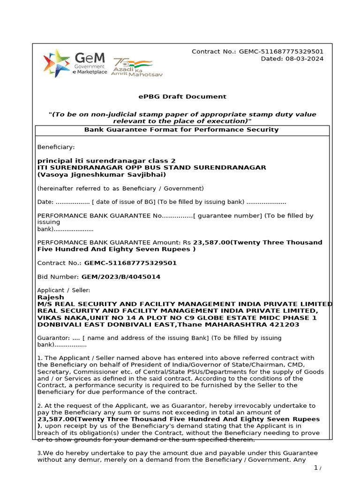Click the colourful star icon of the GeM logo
point(56,63)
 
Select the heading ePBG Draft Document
point(182,97)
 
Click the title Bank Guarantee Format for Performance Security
point(181,129)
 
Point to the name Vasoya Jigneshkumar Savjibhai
point(102,174)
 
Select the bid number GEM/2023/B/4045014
point(121,277)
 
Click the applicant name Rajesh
point(51,297)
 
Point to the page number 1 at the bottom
point(316,468)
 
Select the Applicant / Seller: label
point(64,290)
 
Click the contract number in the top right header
point(281,52)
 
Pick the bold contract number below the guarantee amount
point(130,263)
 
